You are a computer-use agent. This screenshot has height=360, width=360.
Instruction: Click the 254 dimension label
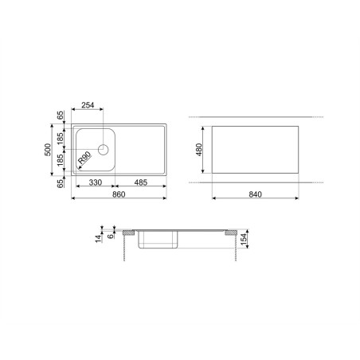88,105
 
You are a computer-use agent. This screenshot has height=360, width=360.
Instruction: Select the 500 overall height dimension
48,150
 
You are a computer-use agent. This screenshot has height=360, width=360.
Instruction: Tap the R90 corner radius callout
84,158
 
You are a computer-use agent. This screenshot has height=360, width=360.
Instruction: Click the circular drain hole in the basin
104,150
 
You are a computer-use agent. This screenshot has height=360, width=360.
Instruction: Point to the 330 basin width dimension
96,182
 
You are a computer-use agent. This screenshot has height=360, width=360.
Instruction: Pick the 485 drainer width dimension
141,182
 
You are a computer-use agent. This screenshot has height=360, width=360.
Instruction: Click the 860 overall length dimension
119,194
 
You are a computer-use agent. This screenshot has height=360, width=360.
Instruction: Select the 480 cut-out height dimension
199,150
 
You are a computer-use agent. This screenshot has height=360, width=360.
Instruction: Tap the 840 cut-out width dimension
255,194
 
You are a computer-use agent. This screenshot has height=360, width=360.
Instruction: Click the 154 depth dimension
244,239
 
